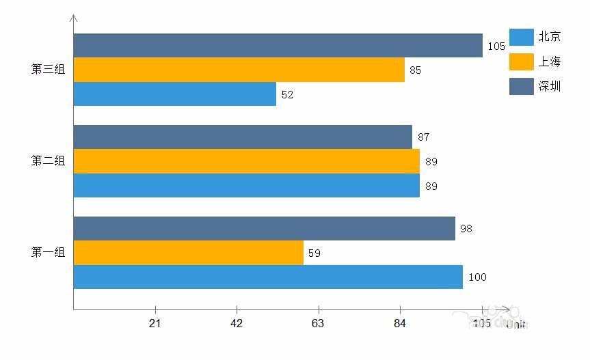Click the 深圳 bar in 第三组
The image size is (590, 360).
[278, 46]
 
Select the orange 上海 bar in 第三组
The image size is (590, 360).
[239, 70]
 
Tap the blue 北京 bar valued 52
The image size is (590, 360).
[174, 94]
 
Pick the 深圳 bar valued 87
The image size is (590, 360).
[243, 137]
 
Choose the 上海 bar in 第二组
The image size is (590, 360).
[246, 161]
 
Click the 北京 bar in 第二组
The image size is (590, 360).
[246, 185]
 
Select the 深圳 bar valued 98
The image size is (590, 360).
[264, 228]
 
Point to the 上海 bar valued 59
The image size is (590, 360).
[188, 253]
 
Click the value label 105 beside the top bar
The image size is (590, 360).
[496, 46]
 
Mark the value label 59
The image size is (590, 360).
[314, 253]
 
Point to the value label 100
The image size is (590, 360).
[477, 277]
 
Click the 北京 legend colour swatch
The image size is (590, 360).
[521, 37]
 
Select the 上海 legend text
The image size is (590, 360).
[550, 62]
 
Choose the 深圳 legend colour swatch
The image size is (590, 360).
[521, 86]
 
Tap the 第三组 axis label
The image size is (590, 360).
[48, 70]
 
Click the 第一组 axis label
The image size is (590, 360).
[48, 253]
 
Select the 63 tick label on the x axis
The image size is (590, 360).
[318, 324]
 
